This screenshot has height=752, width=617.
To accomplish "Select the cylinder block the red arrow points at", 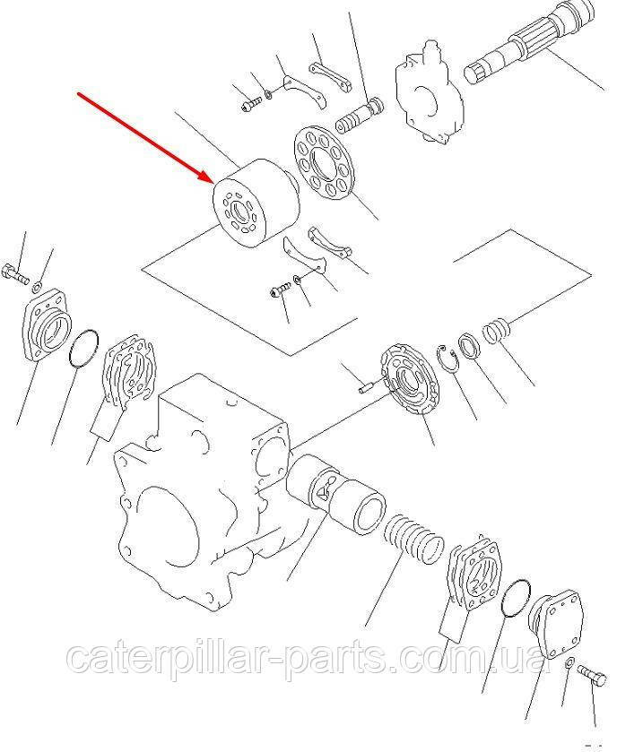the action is tap(256, 203).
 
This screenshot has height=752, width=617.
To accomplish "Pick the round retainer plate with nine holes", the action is tap(326, 162).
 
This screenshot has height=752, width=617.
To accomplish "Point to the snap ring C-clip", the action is tap(448, 359).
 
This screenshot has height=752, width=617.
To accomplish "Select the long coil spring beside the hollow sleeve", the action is tap(414, 538).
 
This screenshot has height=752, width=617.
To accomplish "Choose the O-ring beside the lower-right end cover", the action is tap(516, 597).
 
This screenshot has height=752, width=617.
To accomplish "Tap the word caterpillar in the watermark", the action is tap(172, 659).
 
